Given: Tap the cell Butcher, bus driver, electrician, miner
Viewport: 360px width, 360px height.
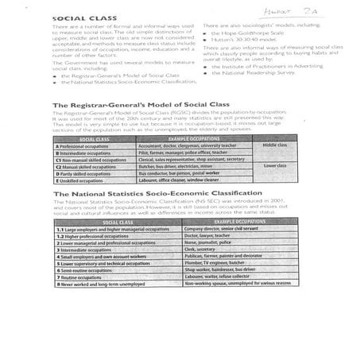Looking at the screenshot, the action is pyautogui.click(x=172, y=166).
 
